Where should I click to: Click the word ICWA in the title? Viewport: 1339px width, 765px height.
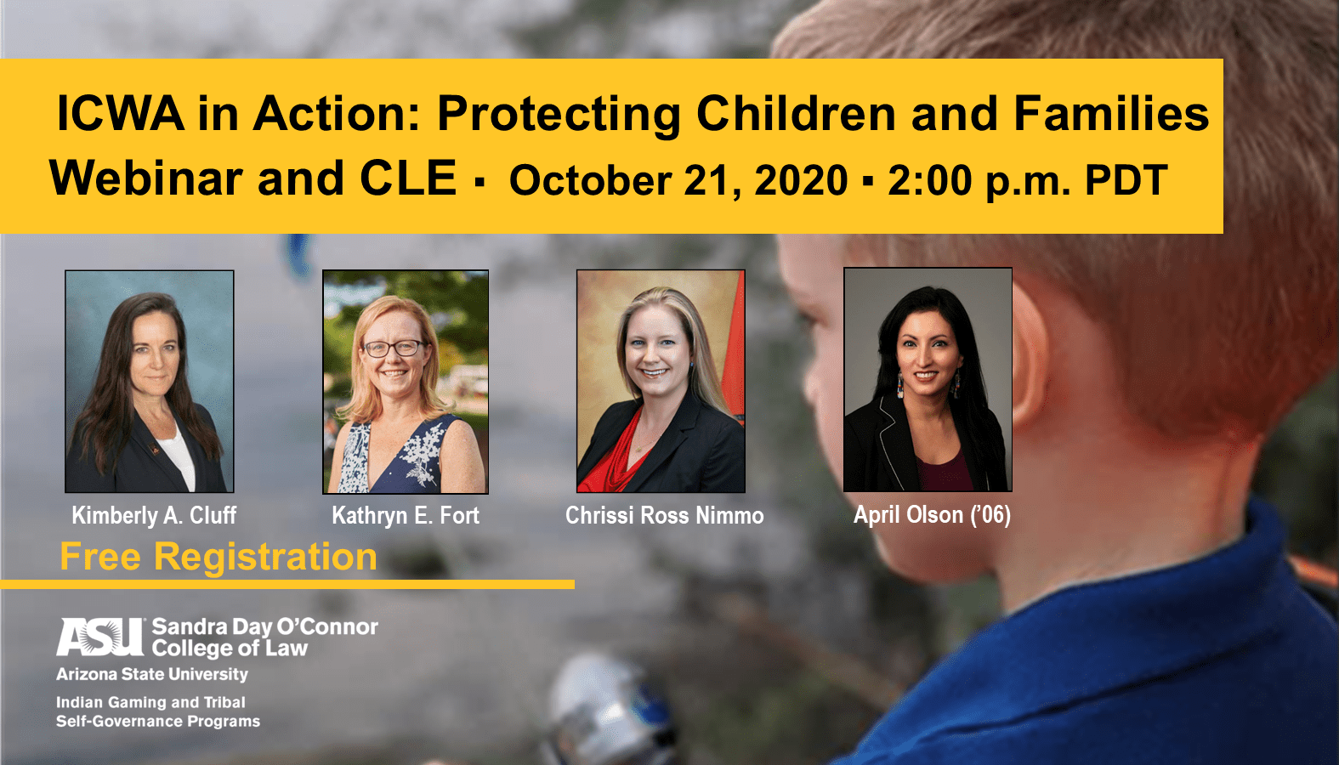tap(120, 113)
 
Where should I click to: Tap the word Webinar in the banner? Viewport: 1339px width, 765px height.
tap(146, 178)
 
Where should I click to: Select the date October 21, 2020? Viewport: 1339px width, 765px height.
tap(678, 180)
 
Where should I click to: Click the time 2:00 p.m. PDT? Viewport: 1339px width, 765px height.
tap(1028, 180)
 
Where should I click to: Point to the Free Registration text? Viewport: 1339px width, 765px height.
tap(218, 557)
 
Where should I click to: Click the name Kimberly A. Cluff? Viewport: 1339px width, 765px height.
tap(154, 515)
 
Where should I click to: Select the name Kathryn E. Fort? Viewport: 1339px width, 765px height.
tap(406, 515)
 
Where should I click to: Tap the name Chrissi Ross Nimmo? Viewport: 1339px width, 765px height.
tap(664, 515)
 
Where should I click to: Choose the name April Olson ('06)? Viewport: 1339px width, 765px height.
tap(932, 515)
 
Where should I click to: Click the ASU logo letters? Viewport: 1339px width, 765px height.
tap(100, 637)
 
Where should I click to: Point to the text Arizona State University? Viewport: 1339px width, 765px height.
tap(152, 674)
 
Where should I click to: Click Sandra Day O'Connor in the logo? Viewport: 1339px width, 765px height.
tap(264, 626)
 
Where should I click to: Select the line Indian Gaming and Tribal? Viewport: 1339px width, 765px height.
tap(150, 702)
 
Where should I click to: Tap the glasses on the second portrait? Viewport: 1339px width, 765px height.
tap(394, 348)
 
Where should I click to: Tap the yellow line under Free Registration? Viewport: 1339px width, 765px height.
tap(287, 585)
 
